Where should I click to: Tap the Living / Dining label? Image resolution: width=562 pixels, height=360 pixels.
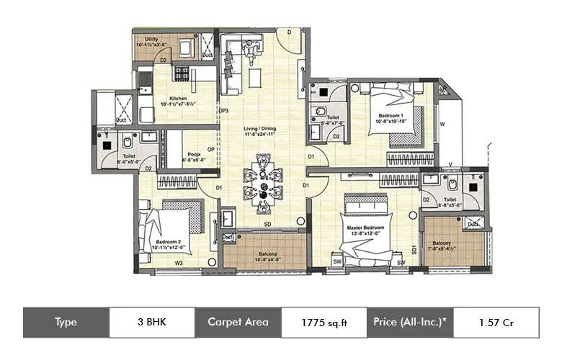point(258,132)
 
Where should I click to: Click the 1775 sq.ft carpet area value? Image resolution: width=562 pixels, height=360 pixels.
point(324,323)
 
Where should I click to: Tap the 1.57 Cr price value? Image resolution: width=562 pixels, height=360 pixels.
point(496,323)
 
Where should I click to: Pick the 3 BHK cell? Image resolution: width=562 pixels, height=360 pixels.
point(152,323)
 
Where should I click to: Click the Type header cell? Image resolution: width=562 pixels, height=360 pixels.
point(66,323)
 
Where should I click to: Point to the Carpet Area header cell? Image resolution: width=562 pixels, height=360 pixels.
point(238,323)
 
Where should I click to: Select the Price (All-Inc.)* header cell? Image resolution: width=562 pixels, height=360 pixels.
point(410,323)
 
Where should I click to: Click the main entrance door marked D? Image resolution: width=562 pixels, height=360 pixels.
point(288,32)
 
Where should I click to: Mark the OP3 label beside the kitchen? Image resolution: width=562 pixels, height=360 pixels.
point(224,110)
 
